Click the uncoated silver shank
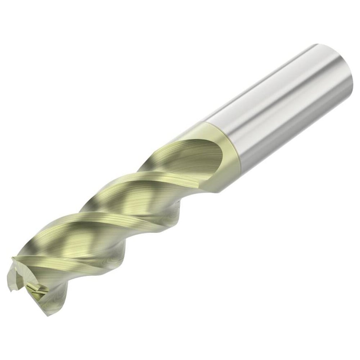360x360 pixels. pyautogui.click(x=277, y=104)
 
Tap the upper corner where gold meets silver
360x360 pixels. pyautogui.click(x=202, y=124)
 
